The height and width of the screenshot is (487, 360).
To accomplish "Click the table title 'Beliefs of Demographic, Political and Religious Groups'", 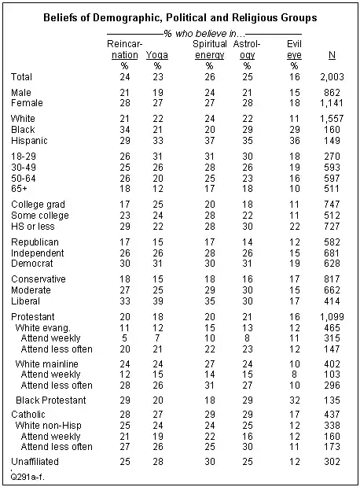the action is click(180, 16).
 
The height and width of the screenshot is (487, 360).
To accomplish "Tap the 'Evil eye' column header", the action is click(295, 50).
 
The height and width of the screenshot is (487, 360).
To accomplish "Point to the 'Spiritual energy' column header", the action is click(210, 50).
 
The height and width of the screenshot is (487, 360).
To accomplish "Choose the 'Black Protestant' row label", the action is click(51, 400).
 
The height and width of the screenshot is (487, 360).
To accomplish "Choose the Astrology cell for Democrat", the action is click(248, 261).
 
